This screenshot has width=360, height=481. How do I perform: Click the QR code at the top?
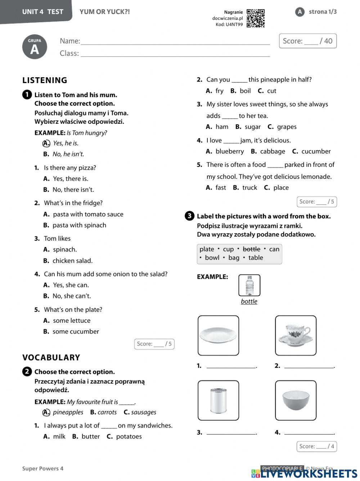[x=256, y=18]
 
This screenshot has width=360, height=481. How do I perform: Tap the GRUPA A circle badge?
[x=35, y=47]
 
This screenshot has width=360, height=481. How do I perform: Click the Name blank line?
[x=175, y=42]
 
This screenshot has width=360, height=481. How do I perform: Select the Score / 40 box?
[x=308, y=41]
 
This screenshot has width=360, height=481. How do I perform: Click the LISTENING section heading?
[x=45, y=80]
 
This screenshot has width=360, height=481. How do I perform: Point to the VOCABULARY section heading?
[x=51, y=357]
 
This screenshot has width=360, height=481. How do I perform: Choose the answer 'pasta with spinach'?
[x=79, y=225]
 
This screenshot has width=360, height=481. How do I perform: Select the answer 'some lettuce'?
[x=72, y=321]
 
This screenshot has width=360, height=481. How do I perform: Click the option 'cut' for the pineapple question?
[x=272, y=91]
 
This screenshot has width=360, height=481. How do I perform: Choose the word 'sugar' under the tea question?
[x=252, y=127]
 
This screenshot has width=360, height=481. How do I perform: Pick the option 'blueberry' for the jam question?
[x=230, y=151]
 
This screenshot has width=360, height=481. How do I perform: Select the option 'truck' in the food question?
[x=249, y=187]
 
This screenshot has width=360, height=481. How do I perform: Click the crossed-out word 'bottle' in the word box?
[x=251, y=249]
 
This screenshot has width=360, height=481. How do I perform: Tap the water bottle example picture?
[x=249, y=286]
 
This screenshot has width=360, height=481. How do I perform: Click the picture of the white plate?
[x=218, y=335]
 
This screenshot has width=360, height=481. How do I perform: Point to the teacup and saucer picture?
[x=296, y=335]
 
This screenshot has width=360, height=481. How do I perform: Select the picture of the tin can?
[x=218, y=400]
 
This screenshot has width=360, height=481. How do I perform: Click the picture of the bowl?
[x=296, y=400]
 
